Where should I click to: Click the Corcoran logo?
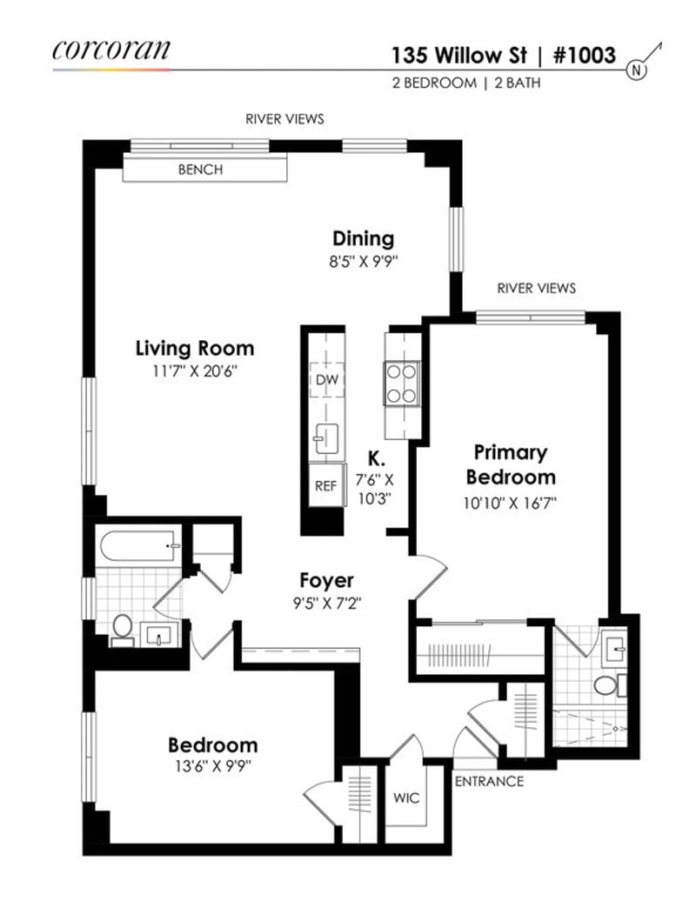point(110,50)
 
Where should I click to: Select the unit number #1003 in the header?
point(584,56)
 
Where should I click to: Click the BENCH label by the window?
point(200,170)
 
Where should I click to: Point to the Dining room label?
point(363,238)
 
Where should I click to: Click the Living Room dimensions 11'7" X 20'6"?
point(195,370)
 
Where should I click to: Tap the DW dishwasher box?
point(328,380)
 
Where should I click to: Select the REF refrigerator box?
point(325,486)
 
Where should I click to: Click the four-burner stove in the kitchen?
point(402,383)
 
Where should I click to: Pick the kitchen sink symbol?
point(326,437)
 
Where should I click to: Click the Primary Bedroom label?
point(511,464)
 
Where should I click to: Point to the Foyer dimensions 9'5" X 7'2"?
point(326,600)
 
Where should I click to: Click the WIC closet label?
point(406,797)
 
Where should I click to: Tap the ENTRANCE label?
point(489,781)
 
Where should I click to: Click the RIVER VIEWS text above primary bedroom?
point(536,288)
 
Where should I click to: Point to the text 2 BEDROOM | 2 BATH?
point(469,83)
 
